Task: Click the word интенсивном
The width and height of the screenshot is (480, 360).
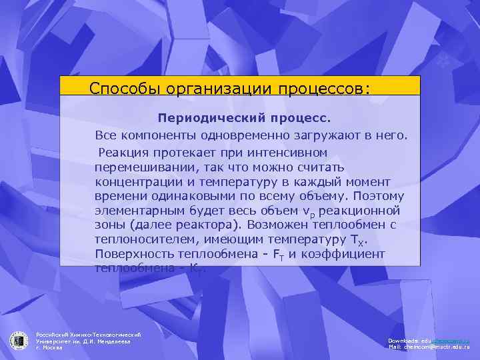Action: click(x=295, y=151)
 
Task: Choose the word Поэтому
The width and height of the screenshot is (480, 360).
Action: click(x=371, y=196)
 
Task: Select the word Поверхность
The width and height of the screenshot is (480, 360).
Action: click(x=135, y=254)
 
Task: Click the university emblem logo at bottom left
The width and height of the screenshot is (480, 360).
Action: click(x=18, y=339)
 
